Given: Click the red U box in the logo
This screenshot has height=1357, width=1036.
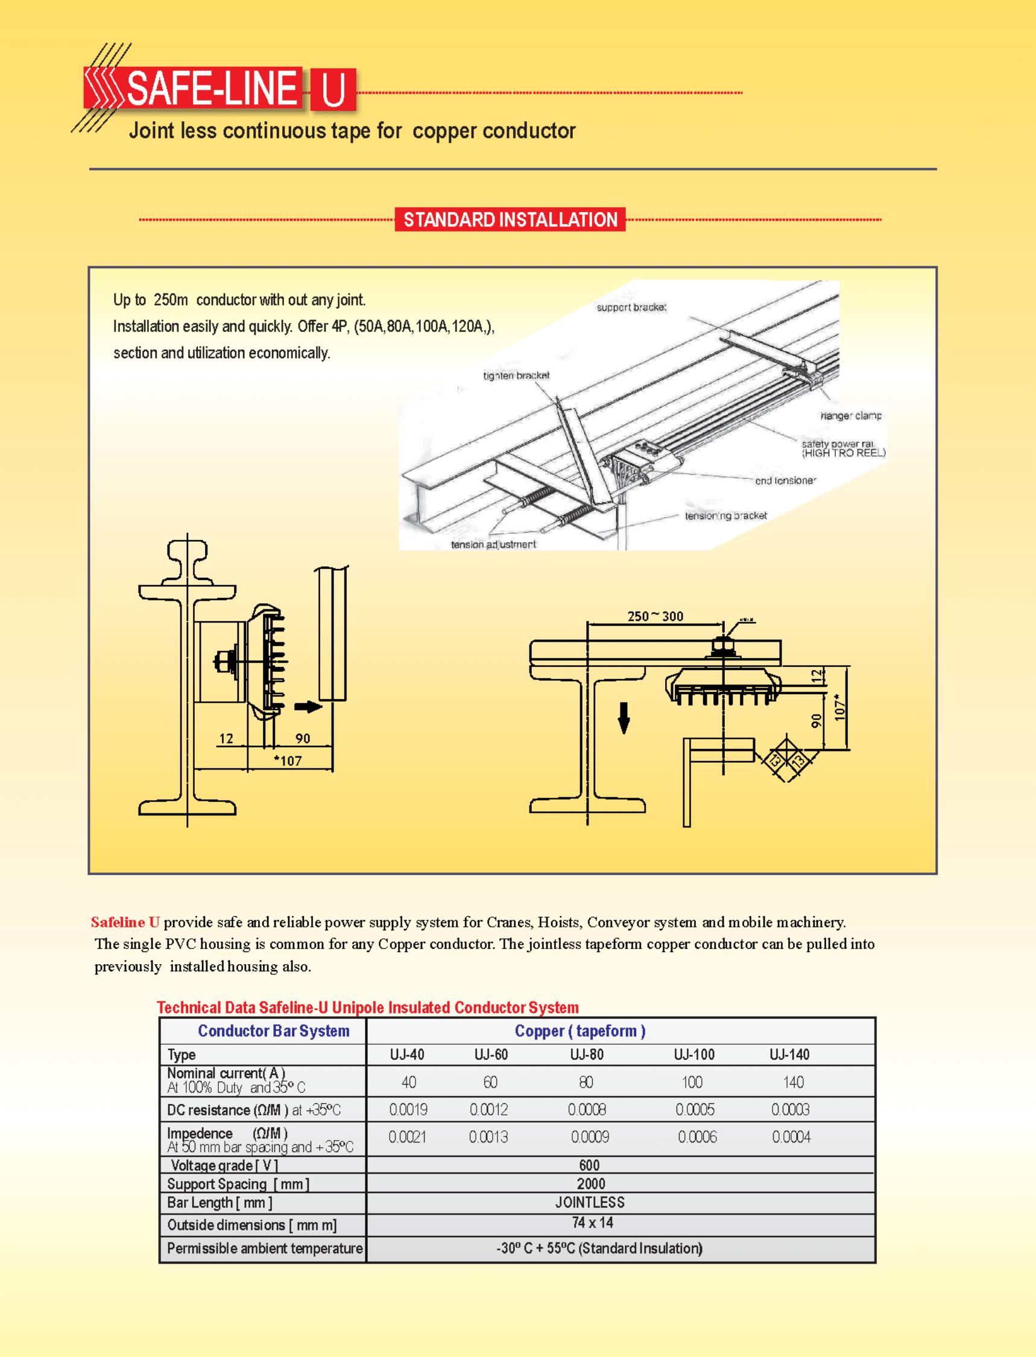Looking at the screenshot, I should pyautogui.click(x=333, y=89).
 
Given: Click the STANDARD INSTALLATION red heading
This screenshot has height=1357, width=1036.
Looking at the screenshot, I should pyautogui.click(x=510, y=219).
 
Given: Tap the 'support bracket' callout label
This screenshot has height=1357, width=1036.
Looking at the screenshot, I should pyautogui.click(x=631, y=307).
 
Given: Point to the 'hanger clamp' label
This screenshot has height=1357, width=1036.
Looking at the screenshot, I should pyautogui.click(x=851, y=416).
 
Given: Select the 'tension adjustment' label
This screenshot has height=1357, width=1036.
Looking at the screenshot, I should pyautogui.click(x=493, y=545).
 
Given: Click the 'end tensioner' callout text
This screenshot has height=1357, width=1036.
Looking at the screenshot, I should pyautogui.click(x=785, y=481).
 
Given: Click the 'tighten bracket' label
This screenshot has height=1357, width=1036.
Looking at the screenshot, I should pyautogui.click(x=516, y=375).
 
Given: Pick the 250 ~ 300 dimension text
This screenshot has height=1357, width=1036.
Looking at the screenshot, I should pyautogui.click(x=655, y=616).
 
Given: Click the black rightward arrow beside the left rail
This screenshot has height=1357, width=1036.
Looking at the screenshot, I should pyautogui.click(x=308, y=707).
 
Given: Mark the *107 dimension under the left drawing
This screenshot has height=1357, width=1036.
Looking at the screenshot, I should pyautogui.click(x=288, y=761).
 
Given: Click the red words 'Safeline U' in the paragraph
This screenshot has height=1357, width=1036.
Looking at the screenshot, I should pyautogui.click(x=125, y=922).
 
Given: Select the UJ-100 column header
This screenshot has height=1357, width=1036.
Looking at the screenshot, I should pyautogui.click(x=693, y=1055).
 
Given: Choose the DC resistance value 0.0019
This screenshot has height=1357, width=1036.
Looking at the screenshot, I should pyautogui.click(x=408, y=1109).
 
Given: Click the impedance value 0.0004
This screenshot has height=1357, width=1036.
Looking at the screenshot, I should pyautogui.click(x=791, y=1137).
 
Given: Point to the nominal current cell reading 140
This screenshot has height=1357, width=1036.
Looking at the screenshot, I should pyautogui.click(x=793, y=1082).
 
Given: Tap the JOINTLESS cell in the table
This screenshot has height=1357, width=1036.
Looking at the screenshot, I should pyautogui.click(x=590, y=1202).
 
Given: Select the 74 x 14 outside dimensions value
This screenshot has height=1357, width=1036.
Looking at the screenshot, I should pyautogui.click(x=592, y=1223).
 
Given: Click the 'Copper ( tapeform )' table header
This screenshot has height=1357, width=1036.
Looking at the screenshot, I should pyautogui.click(x=580, y=1031).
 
